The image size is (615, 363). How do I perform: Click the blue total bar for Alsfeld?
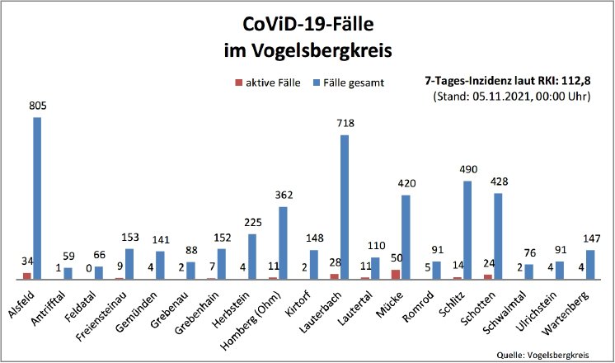(x=37, y=198)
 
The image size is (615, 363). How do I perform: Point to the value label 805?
(x=36, y=106)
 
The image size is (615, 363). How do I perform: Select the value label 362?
(x=283, y=196)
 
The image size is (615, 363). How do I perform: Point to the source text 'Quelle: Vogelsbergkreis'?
(x=543, y=353)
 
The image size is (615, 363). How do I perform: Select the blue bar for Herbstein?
(x=252, y=257)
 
